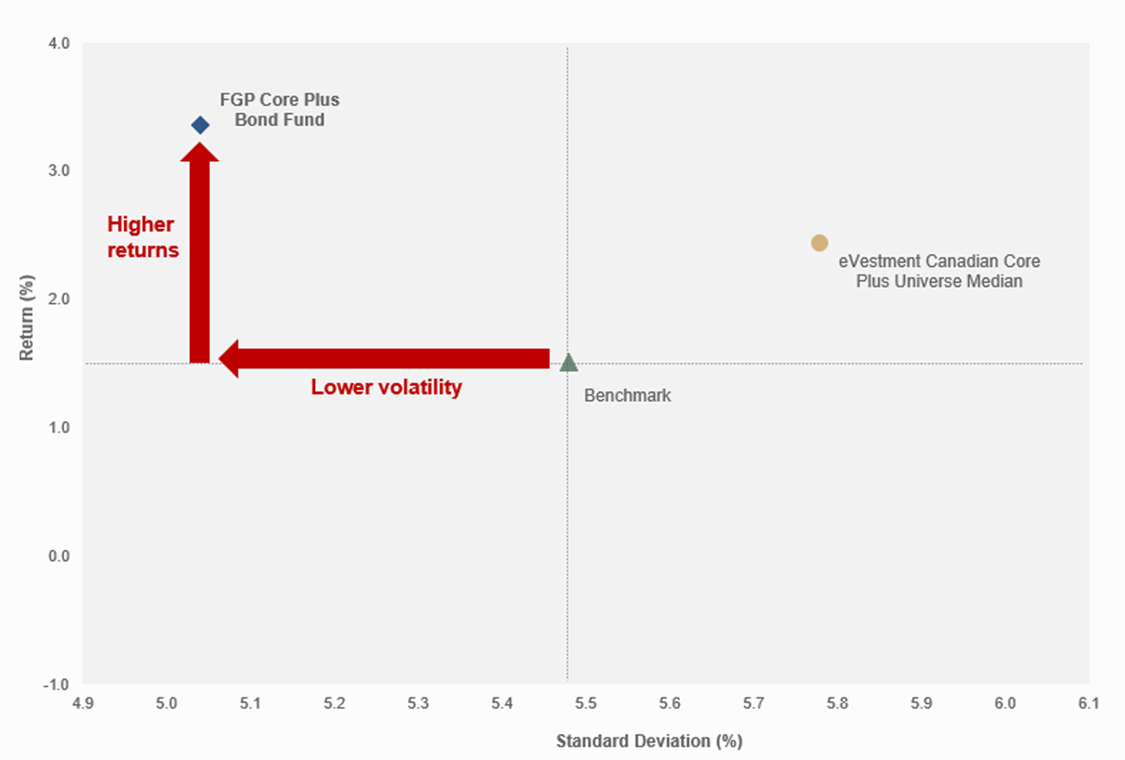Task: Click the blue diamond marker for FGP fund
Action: tap(200, 125)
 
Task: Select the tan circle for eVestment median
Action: tap(819, 243)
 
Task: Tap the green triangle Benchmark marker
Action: tap(568, 363)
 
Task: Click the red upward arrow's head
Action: tap(200, 153)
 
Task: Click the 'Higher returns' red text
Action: tap(143, 237)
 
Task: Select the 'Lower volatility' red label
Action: tap(386, 388)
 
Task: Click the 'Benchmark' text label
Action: tap(628, 395)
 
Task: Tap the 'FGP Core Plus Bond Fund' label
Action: tap(280, 110)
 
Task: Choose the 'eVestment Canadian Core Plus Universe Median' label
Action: tap(939, 271)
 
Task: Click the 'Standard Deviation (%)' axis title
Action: tap(649, 741)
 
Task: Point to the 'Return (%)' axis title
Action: tap(27, 318)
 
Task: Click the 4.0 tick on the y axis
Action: tap(59, 43)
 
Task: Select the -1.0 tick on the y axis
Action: tap(57, 684)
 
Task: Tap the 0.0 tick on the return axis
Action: tap(59, 556)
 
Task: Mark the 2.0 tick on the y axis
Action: tap(59, 299)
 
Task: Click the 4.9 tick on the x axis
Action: tap(83, 703)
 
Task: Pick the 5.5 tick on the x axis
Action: tap(585, 703)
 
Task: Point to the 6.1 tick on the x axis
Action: tap(1089, 703)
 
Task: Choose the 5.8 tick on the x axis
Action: tap(837, 703)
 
